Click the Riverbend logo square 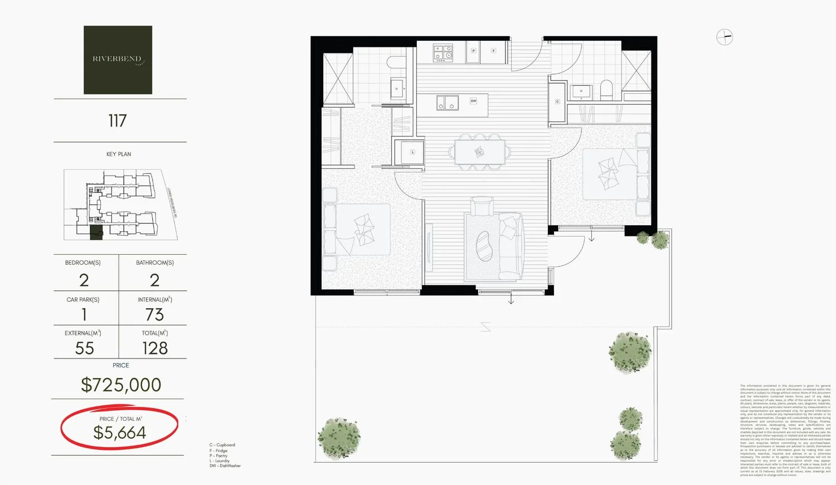click(118, 60)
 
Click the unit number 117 click(118, 120)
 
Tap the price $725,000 click(121, 385)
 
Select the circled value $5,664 click(120, 432)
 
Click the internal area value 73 click(154, 314)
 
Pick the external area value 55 click(85, 348)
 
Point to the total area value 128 click(155, 348)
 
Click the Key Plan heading click(119, 154)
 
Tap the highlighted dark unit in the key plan click(97, 233)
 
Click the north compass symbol click(724, 37)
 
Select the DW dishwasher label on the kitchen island click(473, 101)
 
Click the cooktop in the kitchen click(444, 53)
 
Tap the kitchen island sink click(448, 103)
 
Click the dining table click(480, 152)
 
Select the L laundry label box click(412, 152)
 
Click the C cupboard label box click(557, 101)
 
